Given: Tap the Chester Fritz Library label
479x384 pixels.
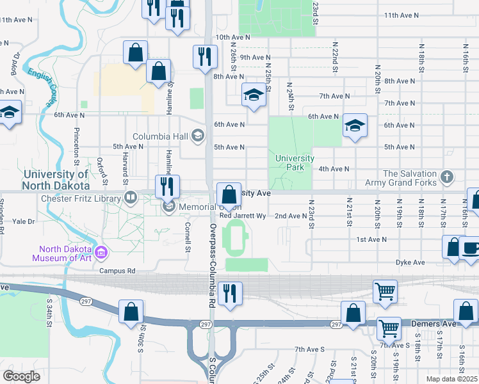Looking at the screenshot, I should coord(81,198).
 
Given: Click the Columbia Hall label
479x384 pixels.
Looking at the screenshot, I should coord(160,136).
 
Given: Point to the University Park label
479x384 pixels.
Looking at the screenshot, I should coord(295,163).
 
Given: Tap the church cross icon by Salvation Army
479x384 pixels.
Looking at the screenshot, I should coord(448,175).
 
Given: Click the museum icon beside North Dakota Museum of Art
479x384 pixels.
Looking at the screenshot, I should coord(101,254).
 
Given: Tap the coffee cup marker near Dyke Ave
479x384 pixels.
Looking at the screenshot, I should coord(470,248).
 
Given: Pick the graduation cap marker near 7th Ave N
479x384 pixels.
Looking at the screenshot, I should coord(254,95).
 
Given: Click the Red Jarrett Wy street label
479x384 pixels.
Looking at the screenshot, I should coord(243,216).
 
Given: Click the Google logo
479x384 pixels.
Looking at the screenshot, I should coord(21,376).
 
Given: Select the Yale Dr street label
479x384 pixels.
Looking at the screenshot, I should coord(23,221).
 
